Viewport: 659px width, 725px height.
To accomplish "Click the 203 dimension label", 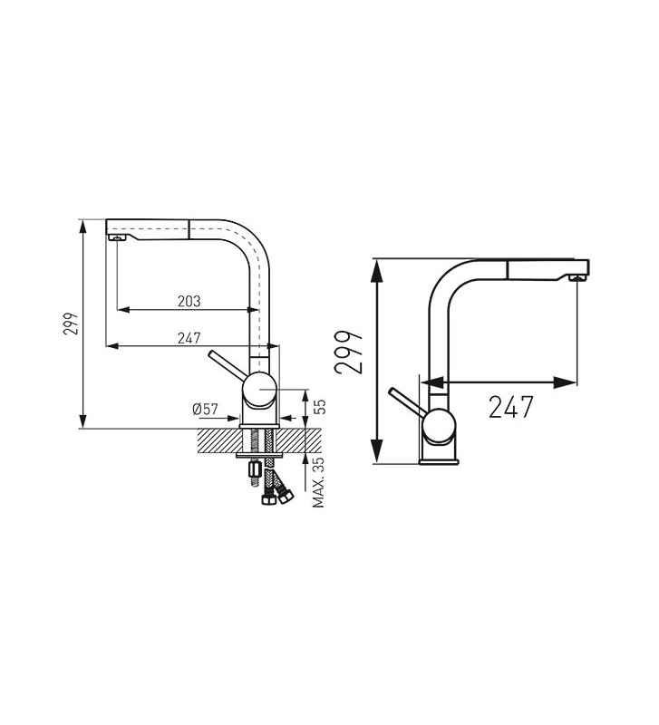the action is point(189,302).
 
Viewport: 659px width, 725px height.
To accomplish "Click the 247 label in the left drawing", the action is point(189,338).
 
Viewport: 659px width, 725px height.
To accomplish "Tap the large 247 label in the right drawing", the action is point(511,407).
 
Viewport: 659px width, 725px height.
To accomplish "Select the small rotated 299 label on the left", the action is point(71,324).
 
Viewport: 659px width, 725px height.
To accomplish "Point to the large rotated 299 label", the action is point(349,353).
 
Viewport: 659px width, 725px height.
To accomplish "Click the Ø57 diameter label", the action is point(206,410).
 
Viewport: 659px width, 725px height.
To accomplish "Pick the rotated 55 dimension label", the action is point(320,406).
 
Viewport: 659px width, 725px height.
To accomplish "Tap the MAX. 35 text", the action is point(319,483).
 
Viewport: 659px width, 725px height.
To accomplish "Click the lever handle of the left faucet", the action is point(226,365).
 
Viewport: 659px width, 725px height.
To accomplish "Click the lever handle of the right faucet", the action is point(407,401).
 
